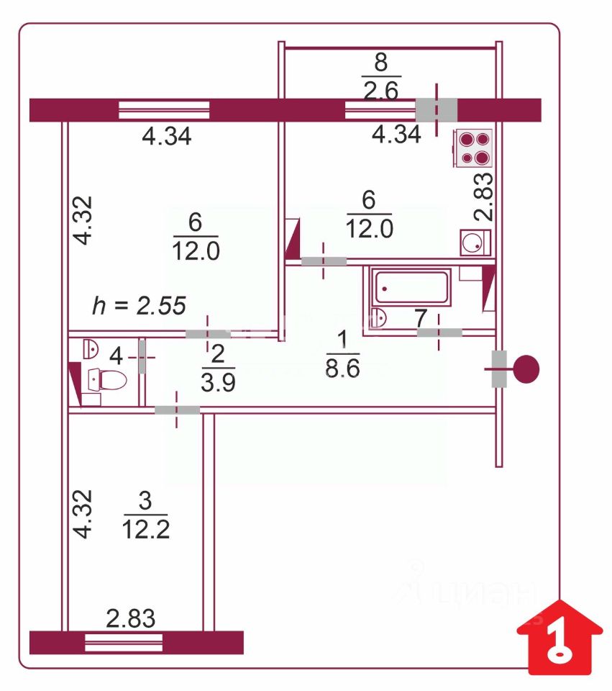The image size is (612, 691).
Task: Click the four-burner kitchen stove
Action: tap(473, 148)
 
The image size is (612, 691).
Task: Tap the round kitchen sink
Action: tap(475, 243)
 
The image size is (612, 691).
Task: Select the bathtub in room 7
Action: tap(411, 287)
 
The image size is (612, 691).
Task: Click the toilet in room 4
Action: tap(107, 379)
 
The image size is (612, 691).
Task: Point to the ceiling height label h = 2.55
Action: tap(139, 305)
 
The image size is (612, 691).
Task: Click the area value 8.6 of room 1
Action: tap(342, 369)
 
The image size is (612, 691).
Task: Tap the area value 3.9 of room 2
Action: tap(218, 382)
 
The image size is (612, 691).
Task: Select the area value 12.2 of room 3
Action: tap(146, 529)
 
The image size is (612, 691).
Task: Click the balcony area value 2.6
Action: tap(381, 91)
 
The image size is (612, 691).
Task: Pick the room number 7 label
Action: tap(421, 318)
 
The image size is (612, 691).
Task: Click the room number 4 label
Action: tap(116, 356)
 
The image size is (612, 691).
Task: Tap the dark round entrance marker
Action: tap(526, 369)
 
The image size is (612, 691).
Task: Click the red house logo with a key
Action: tap(560, 637)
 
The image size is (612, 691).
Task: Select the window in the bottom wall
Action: tap(124, 643)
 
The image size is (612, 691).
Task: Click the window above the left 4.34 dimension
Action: tap(164, 110)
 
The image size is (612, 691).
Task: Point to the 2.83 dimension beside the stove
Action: tap(483, 196)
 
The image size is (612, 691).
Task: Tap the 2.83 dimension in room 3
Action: tap(131, 618)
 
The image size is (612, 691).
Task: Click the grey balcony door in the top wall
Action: tap(437, 109)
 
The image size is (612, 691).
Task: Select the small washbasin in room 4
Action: tap(91, 348)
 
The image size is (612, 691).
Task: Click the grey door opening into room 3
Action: tap(177, 410)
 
